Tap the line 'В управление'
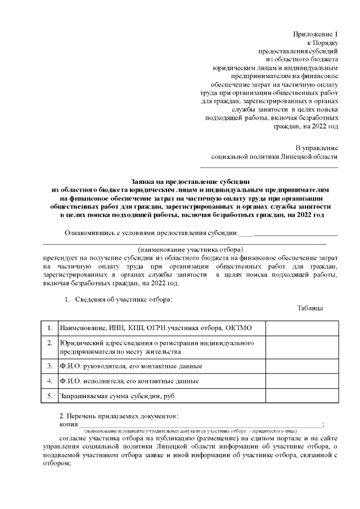coord(317,148)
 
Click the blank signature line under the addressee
coord(269,166)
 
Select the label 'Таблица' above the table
coord(310,308)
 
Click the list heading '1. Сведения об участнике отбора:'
coord(118,299)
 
